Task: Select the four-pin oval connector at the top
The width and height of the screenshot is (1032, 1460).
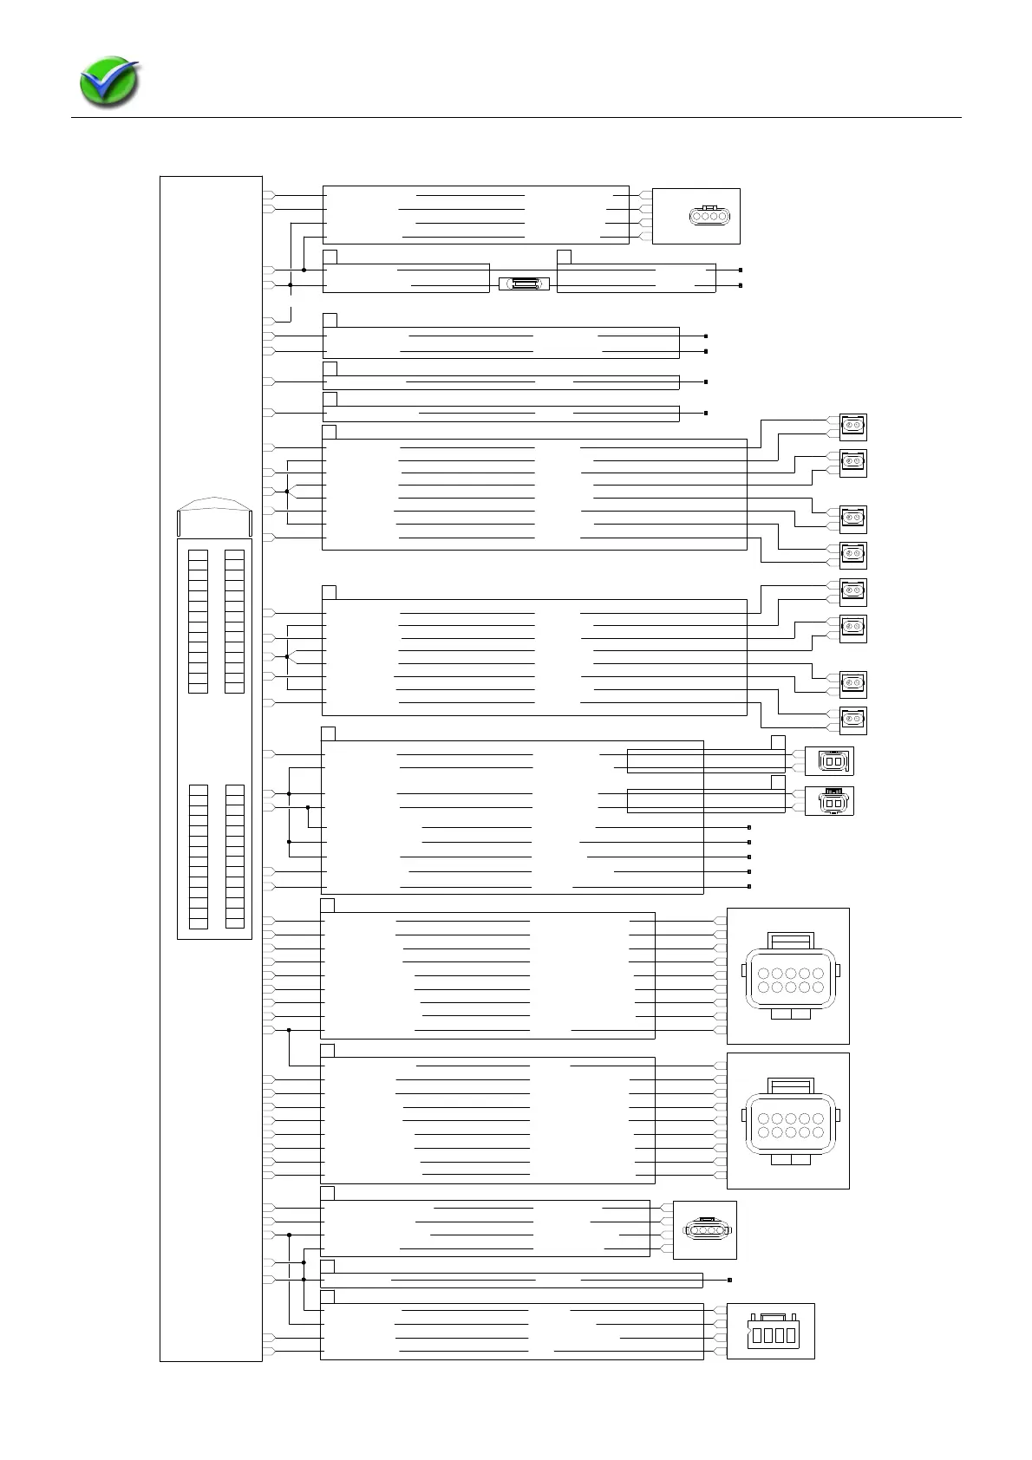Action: click(x=709, y=215)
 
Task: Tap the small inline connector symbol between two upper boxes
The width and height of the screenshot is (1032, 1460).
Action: click(x=525, y=284)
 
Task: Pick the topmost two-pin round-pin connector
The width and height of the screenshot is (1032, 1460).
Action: click(x=853, y=427)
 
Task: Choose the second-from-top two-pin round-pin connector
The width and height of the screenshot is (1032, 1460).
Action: click(x=853, y=463)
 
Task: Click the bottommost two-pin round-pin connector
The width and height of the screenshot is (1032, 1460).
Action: click(x=853, y=720)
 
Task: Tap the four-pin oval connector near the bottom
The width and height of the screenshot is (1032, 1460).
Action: click(x=707, y=1229)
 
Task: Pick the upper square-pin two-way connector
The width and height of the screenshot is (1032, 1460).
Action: click(x=831, y=760)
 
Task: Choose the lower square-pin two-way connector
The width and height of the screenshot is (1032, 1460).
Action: click(x=831, y=801)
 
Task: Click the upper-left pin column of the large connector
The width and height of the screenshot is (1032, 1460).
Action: click(x=199, y=621)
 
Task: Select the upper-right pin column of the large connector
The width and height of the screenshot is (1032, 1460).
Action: click(x=234, y=621)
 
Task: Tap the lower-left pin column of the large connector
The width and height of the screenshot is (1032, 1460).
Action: click(x=199, y=857)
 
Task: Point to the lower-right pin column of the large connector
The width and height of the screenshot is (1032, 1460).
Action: click(x=234, y=857)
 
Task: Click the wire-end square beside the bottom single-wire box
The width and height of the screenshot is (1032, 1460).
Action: click(x=730, y=1280)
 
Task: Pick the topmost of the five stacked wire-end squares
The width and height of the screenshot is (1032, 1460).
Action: click(x=748, y=828)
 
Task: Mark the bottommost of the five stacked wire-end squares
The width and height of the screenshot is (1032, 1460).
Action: click(x=748, y=886)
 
